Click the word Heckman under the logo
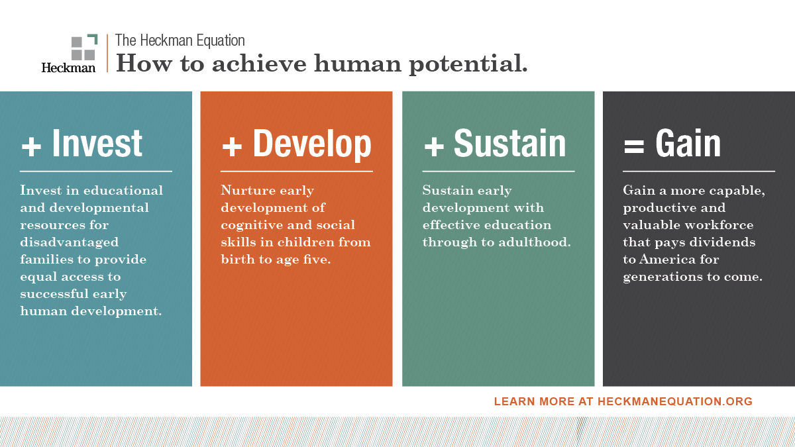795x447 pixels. click(68, 67)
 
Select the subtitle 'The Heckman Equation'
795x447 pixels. click(180, 40)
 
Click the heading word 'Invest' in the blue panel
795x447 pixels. click(97, 144)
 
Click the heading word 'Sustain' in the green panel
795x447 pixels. click(509, 144)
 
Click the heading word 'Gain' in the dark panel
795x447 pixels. click(688, 144)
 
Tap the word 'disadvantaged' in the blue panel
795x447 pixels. click(70, 242)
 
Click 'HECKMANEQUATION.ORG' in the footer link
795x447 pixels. click(675, 401)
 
